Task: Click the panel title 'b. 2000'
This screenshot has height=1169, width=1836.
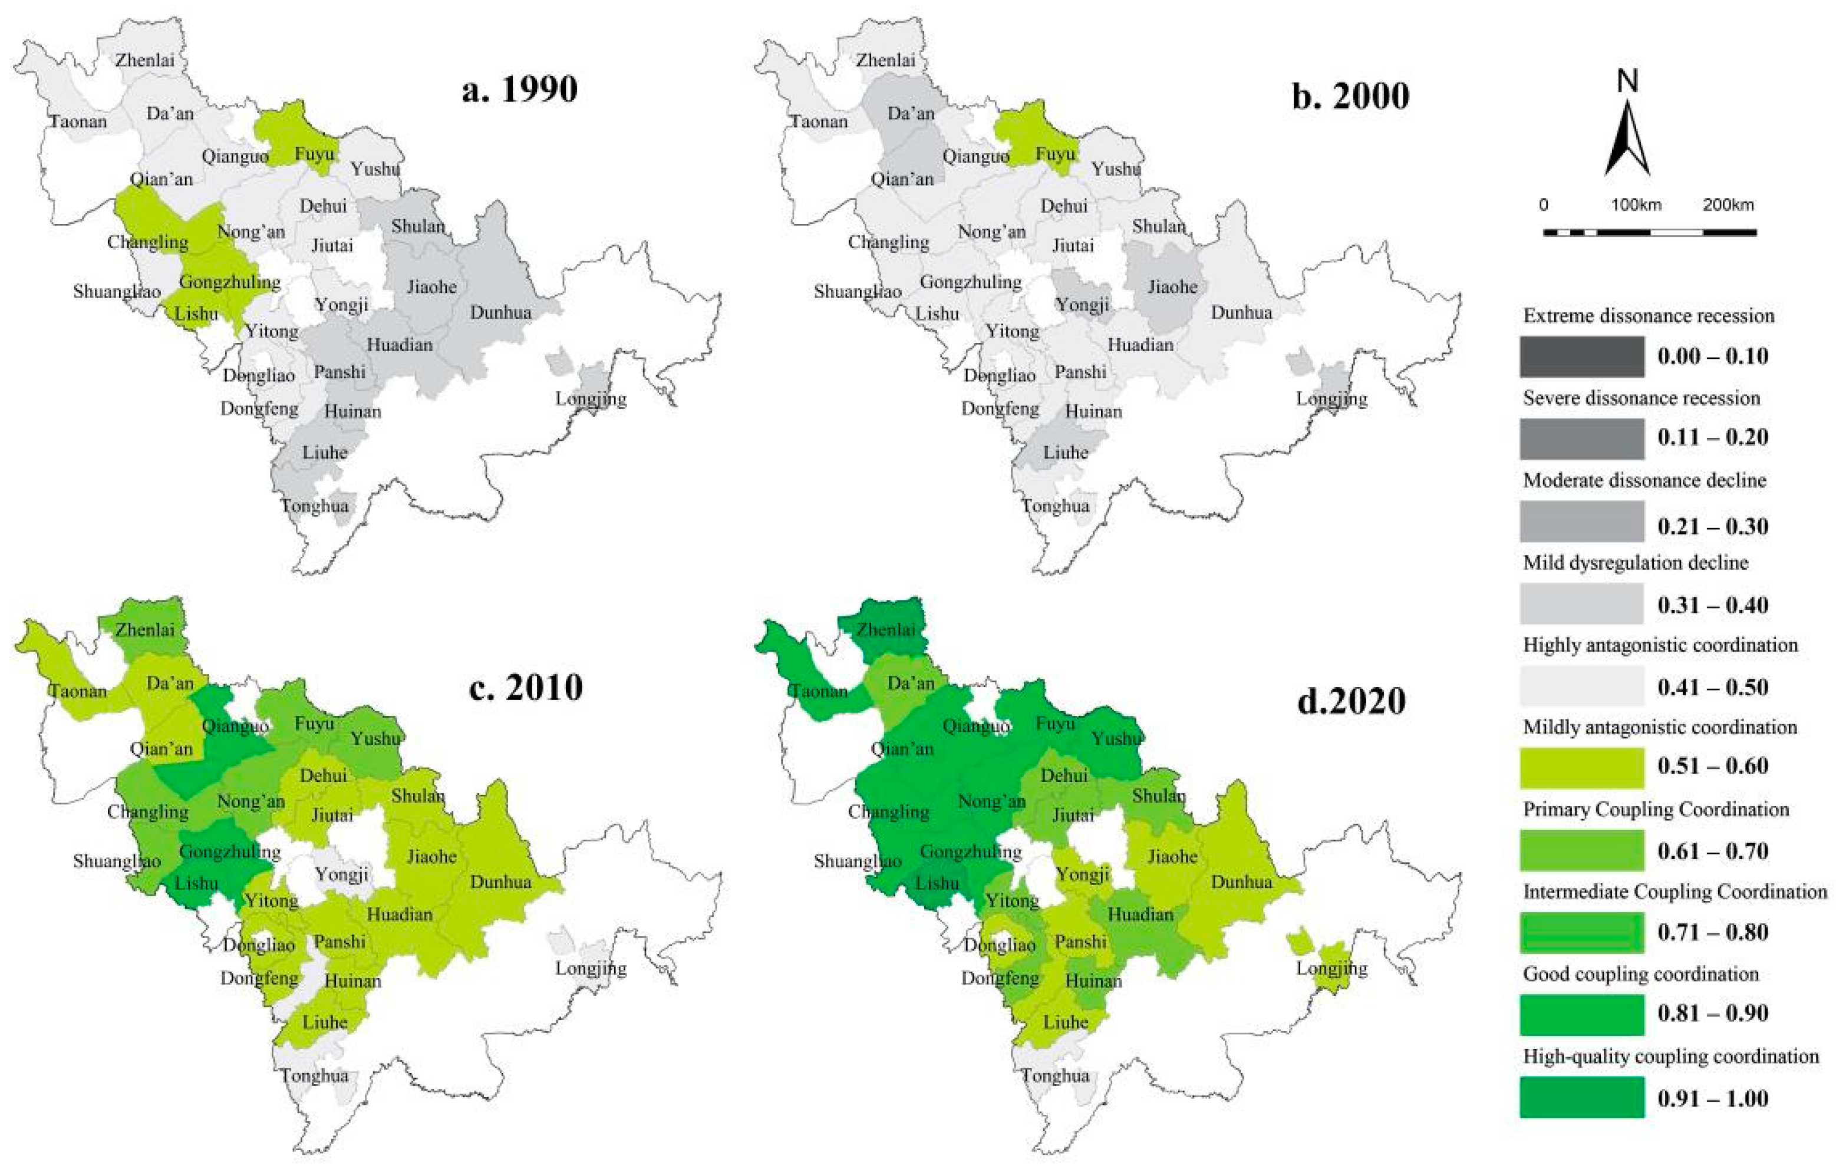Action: tap(1350, 96)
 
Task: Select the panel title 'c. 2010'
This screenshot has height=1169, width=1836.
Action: tap(525, 688)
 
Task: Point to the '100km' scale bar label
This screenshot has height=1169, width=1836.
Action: tap(1636, 205)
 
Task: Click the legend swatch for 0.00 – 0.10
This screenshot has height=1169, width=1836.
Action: tap(1581, 356)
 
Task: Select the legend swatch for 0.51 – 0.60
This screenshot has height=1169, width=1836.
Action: tap(1581, 767)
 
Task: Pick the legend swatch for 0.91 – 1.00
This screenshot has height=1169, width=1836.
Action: tap(1581, 1097)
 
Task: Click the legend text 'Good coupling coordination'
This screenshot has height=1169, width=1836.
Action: tap(1640, 974)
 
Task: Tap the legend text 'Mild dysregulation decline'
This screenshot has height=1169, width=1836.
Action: tap(1634, 562)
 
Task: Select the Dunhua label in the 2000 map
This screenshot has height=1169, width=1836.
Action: tap(1241, 312)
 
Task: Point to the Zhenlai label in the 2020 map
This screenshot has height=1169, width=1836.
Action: tap(885, 629)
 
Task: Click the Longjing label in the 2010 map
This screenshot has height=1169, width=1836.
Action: tap(591, 968)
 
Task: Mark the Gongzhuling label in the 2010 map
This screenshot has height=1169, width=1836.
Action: tap(229, 851)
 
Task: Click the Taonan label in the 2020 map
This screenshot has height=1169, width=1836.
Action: tap(819, 691)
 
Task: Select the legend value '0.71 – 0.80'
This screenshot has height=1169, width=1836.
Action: tap(1712, 932)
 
